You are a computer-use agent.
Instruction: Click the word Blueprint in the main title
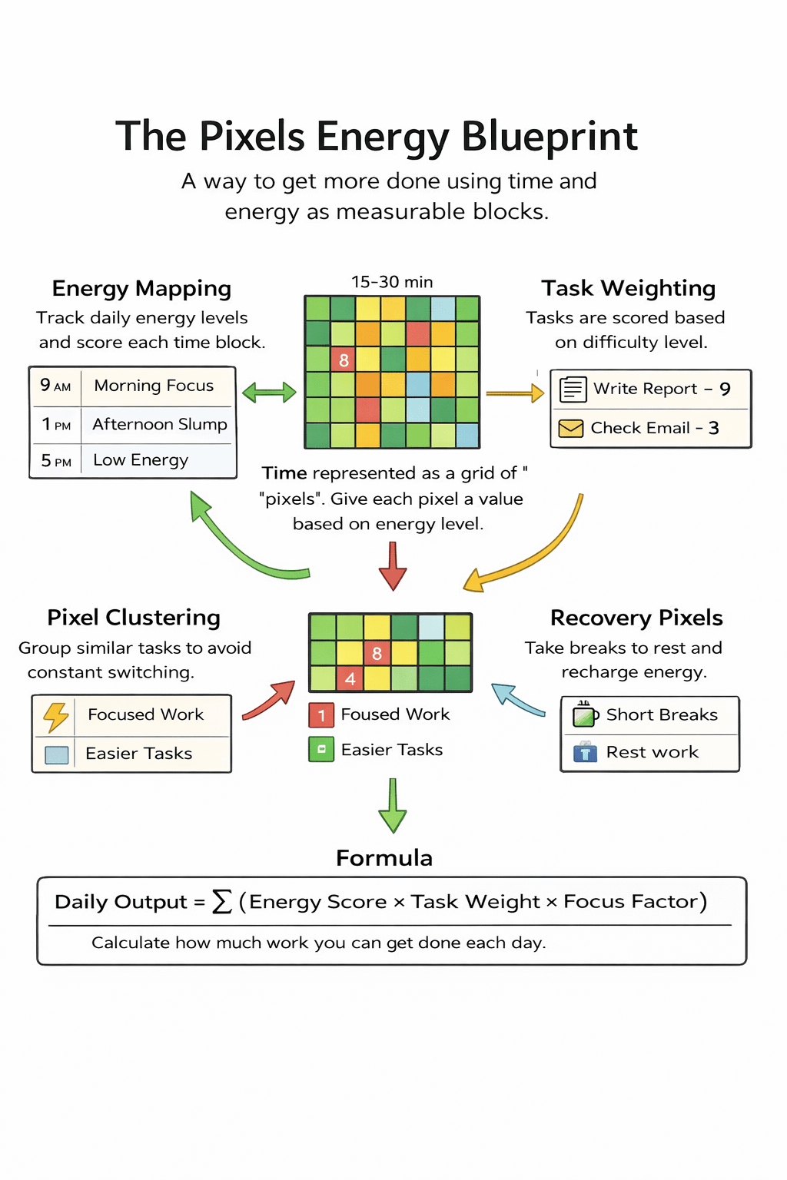click(550, 137)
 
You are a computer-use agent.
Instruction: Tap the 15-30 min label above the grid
click(392, 282)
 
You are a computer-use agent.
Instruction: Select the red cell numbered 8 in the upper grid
click(344, 360)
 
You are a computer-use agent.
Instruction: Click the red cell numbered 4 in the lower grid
click(350, 678)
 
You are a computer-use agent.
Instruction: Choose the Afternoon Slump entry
click(160, 424)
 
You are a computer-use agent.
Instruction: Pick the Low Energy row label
click(141, 460)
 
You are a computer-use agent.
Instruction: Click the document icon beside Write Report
click(573, 389)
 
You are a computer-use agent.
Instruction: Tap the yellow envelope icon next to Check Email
click(571, 428)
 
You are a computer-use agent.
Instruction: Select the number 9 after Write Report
click(725, 389)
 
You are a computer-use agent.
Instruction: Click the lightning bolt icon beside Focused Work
click(56, 716)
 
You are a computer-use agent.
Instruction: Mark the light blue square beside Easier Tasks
click(57, 754)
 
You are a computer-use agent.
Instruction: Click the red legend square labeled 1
click(321, 715)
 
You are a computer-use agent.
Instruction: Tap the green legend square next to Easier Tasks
click(321, 749)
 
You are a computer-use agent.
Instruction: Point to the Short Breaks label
click(662, 715)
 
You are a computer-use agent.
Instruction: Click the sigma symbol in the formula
click(222, 901)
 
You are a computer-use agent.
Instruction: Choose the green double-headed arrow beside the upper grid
click(269, 393)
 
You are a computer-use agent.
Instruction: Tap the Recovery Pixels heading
click(636, 618)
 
